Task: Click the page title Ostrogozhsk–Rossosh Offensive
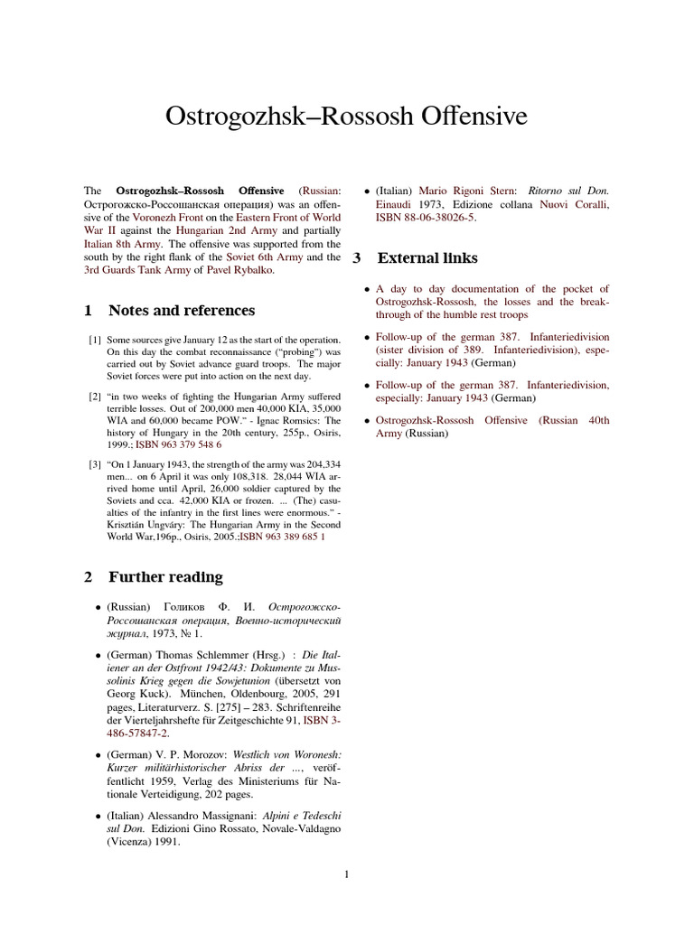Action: click(346, 117)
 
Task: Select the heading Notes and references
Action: click(181, 311)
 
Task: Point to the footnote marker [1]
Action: click(94, 340)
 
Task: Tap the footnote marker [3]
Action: click(94, 465)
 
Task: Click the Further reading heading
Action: click(165, 577)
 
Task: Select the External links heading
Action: click(427, 258)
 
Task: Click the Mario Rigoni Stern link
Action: click(470, 192)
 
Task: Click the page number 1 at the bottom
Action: click(346, 874)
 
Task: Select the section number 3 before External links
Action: click(357, 258)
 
